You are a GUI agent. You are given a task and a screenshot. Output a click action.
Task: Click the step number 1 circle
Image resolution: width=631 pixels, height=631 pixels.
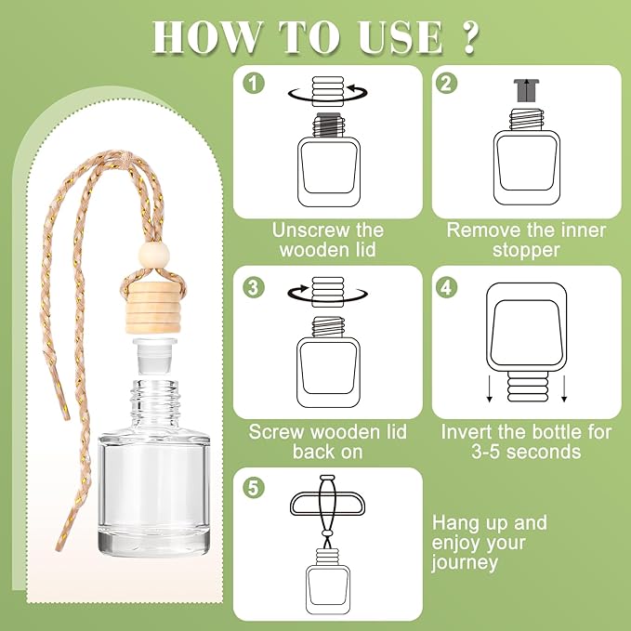click(254, 84)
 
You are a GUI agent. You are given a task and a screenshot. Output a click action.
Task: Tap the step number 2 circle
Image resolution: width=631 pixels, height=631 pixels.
click(446, 84)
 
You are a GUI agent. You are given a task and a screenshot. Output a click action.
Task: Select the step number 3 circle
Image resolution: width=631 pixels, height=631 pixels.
click(254, 287)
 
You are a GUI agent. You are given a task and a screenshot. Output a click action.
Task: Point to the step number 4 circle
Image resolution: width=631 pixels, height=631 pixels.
click(446, 287)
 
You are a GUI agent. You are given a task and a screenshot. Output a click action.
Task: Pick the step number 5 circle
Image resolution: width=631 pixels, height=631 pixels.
click(254, 488)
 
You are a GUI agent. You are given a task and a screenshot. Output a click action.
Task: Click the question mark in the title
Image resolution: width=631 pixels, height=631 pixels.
click(468, 37)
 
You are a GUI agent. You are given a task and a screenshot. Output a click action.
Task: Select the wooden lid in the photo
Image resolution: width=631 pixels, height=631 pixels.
click(152, 308)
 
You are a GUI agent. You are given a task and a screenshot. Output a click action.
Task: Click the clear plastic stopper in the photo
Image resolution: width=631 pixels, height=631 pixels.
click(155, 357)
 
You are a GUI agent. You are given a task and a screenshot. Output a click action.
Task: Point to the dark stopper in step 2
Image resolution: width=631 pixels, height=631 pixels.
click(526, 90)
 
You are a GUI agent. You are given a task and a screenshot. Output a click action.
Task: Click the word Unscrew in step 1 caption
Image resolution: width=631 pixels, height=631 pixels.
click(305, 230)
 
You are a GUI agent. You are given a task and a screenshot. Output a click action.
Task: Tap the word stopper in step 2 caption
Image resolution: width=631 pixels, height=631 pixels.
click(526, 250)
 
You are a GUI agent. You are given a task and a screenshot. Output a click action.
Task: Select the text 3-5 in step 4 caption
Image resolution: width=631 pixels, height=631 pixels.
click(486, 452)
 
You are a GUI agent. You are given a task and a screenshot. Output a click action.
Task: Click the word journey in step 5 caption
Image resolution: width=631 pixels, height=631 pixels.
click(465, 563)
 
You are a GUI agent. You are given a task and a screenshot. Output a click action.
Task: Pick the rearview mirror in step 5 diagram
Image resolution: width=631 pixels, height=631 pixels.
click(327, 504)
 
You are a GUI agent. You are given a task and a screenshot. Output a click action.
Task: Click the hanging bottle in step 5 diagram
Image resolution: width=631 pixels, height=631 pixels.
click(327, 581)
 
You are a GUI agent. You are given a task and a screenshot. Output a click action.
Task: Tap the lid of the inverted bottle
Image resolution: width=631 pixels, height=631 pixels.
click(527, 387)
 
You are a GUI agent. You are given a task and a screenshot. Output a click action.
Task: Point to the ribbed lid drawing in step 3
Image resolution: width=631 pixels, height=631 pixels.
click(327, 292)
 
